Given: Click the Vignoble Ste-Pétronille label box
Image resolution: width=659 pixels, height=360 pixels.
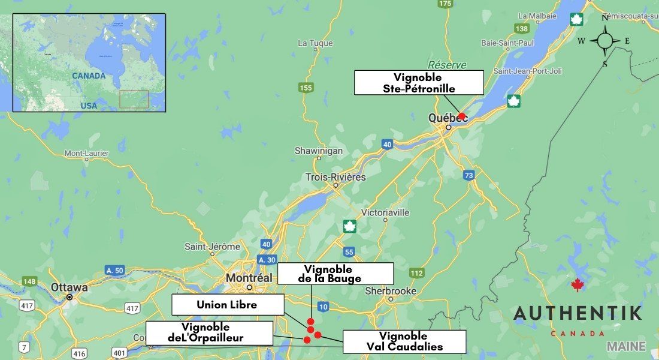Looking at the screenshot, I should click(x=418, y=83).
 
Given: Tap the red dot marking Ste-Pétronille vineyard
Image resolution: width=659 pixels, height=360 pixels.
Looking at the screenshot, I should click(x=462, y=116).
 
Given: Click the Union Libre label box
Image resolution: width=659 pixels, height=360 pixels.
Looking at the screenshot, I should click(x=227, y=305).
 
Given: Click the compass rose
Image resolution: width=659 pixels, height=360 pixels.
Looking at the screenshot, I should click(x=605, y=41).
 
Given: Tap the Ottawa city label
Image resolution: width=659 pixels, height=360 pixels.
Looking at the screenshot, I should click(x=69, y=287).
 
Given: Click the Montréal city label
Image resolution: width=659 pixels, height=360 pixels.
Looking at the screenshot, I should click(x=248, y=278).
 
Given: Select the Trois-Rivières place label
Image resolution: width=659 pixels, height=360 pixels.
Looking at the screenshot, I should click(x=335, y=178).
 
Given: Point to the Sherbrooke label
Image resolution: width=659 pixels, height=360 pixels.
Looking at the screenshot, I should click(x=391, y=291).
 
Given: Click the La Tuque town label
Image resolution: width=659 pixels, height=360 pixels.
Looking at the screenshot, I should click(x=312, y=43).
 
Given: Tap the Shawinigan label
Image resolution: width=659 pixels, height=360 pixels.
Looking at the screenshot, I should click(x=318, y=151).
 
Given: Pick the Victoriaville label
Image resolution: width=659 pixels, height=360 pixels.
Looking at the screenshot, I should click(x=385, y=212).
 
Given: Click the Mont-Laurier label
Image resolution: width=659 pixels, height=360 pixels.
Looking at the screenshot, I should click(x=87, y=154).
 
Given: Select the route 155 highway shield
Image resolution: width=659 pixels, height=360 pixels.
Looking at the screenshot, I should click(x=306, y=88).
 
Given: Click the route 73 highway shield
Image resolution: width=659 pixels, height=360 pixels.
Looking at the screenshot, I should click(x=468, y=175).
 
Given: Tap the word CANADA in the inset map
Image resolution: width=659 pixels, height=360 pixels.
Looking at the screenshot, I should click(x=89, y=76).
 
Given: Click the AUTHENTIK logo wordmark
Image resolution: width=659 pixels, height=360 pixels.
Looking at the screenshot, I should click(x=578, y=313).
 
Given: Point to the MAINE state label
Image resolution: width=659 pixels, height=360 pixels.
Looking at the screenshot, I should click(x=626, y=346).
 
